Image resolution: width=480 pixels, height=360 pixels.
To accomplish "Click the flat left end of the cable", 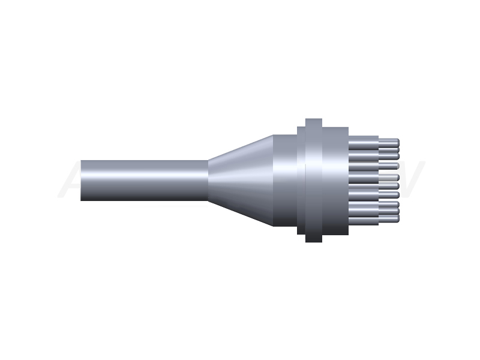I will coord(82,180).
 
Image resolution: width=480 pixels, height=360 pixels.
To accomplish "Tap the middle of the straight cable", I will coord(144,180).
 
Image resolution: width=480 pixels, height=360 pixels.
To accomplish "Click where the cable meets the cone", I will coord(208,180).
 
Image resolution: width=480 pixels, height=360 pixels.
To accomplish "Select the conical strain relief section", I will coord(240,180).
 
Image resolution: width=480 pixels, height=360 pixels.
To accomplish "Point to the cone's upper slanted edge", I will coord(240,147).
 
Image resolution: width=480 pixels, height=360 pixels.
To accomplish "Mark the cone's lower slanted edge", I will coord(240,213).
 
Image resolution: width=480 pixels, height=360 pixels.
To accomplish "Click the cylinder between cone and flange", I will coord(285,180).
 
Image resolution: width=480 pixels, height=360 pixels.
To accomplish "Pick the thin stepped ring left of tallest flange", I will coord(301,180).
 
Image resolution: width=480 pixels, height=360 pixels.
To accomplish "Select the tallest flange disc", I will coord(313,180).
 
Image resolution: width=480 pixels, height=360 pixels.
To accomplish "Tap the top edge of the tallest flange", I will coord(313,118).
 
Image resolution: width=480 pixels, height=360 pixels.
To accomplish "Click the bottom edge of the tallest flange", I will coord(313,241).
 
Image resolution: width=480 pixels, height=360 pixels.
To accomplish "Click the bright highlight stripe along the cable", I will coord(144,171).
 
